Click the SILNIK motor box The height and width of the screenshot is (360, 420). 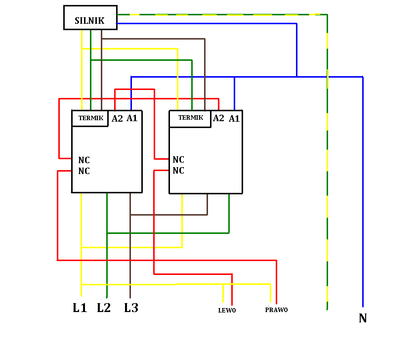(90, 17)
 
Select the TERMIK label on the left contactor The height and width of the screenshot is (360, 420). (91, 118)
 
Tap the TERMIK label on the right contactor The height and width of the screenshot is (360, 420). (191, 117)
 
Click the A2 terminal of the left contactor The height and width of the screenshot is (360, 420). (117, 118)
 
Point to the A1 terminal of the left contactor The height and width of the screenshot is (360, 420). (132, 118)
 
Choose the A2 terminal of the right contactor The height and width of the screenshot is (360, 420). (218, 118)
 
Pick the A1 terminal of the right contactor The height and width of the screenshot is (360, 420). (234, 118)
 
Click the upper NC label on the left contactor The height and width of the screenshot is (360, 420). (84, 160)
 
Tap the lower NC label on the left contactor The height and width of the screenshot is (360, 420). (84, 171)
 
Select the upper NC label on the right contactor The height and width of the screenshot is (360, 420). (178, 160)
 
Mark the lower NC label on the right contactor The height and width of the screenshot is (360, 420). (178, 170)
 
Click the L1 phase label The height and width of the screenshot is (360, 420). (80, 308)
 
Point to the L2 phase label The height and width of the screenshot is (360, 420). (104, 308)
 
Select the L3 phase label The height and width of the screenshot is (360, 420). (131, 308)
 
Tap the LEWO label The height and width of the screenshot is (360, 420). (227, 311)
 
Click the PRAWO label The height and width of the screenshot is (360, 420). (276, 310)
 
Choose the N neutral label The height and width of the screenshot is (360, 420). (363, 318)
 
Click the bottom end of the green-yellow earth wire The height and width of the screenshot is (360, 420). (327, 310)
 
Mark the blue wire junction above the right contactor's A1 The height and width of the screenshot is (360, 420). (234, 77)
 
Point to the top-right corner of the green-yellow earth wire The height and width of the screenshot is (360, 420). (327, 14)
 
